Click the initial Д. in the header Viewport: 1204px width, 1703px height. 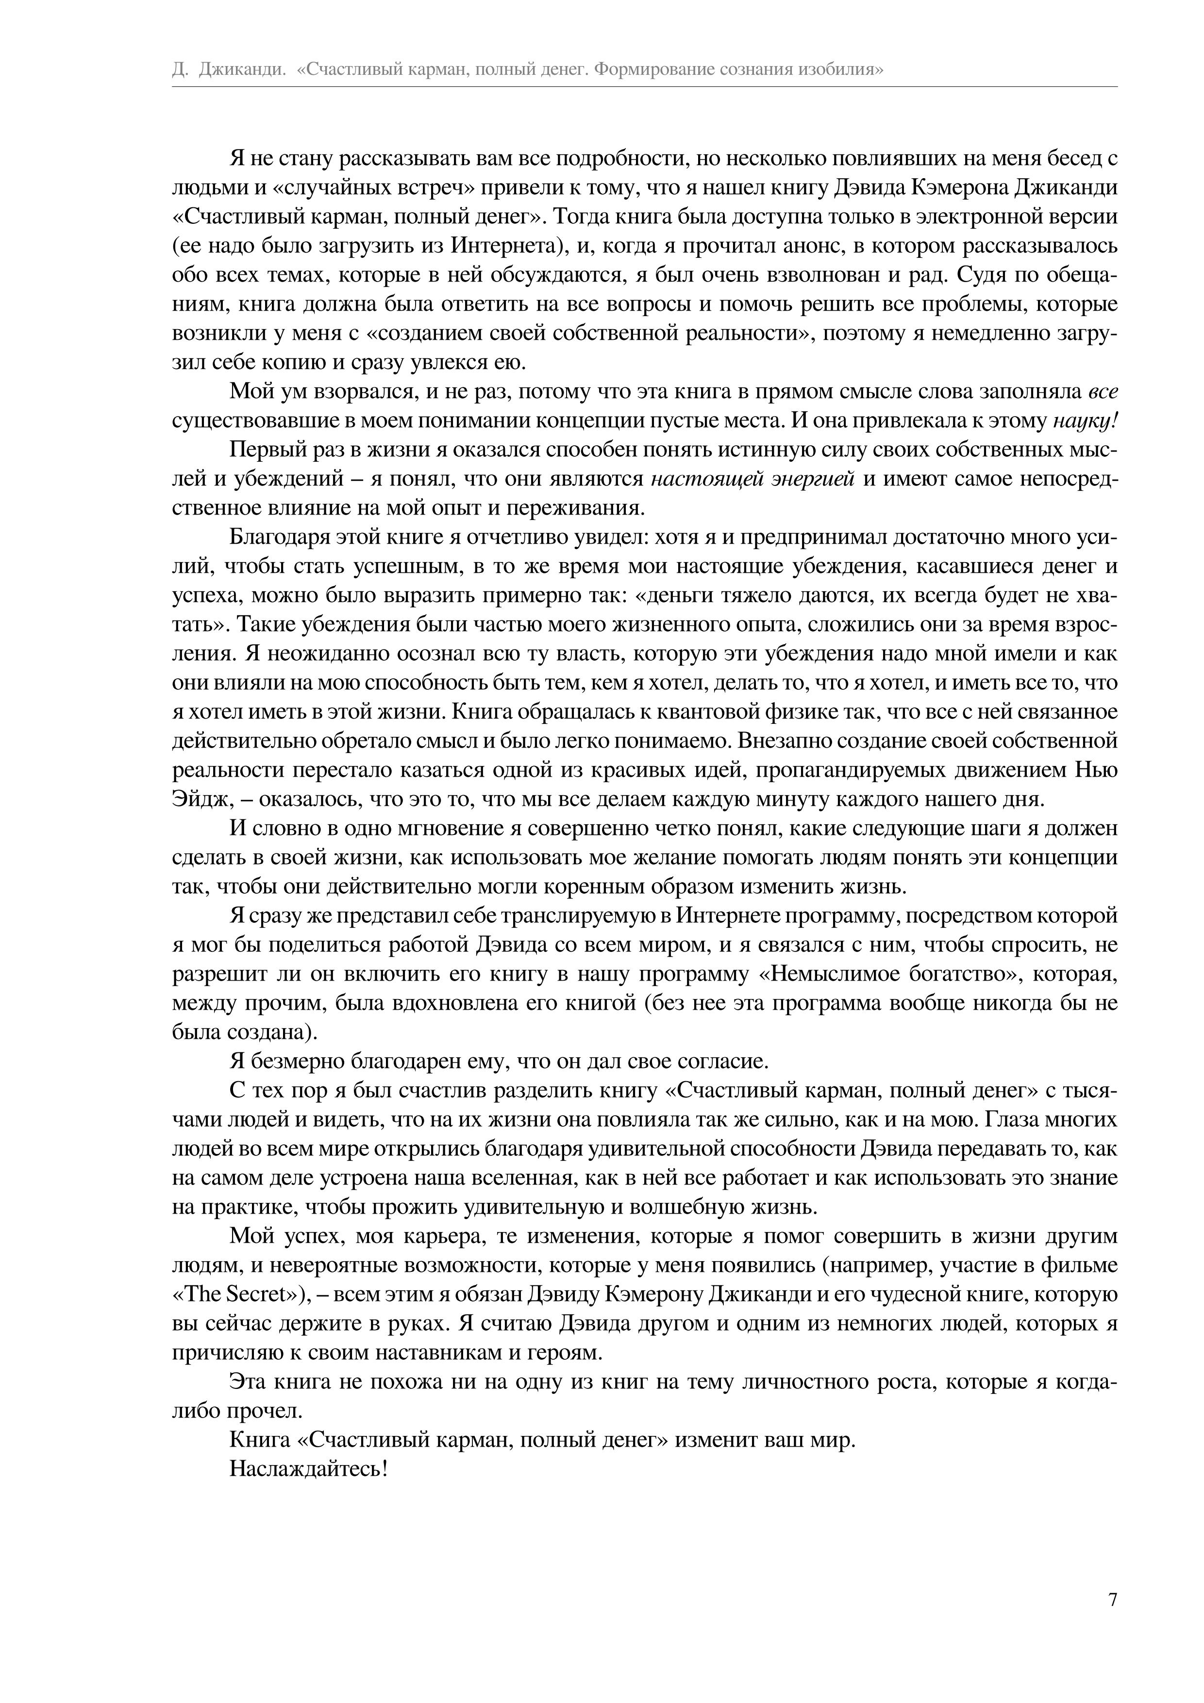(x=180, y=70)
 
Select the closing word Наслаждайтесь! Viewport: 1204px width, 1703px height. (x=309, y=1469)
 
